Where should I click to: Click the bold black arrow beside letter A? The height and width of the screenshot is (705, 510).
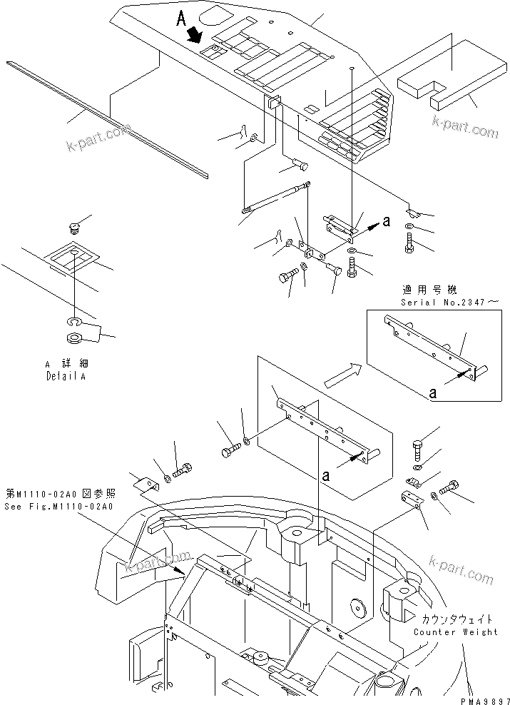[x=194, y=34]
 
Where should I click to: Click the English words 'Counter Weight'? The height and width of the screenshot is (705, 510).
[x=456, y=632]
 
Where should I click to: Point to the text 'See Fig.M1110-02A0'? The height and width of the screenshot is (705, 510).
[x=70, y=507]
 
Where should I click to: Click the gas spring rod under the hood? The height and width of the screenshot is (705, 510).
[x=275, y=198]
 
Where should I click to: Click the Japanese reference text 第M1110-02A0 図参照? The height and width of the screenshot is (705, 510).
[x=70, y=494]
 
